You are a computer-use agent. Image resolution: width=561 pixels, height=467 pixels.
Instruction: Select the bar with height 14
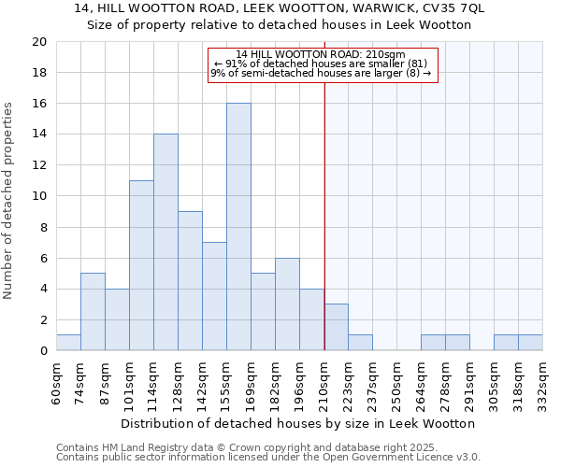pyautogui.click(x=165, y=242)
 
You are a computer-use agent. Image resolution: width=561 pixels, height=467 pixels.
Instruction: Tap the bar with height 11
pyautogui.click(x=141, y=265)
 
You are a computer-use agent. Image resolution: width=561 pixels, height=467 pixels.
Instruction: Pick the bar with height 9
pyautogui.click(x=190, y=281)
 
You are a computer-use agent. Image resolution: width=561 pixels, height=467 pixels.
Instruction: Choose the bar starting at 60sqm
pyautogui.click(x=68, y=343)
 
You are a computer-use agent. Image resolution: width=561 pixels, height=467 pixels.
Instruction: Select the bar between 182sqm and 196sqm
pyautogui.click(x=287, y=304)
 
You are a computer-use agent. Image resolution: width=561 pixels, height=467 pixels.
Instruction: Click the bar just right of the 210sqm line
pyautogui.click(x=337, y=327)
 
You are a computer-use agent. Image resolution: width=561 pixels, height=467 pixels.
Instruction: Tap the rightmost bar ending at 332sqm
pyautogui.click(x=530, y=343)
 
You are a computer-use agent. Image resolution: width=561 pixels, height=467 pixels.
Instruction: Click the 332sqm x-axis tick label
pyautogui.click(x=543, y=381)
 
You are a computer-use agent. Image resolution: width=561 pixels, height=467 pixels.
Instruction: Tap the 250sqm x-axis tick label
pyautogui.click(x=397, y=381)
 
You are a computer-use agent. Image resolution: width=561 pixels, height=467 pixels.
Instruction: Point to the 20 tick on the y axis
pyautogui.click(x=38, y=42)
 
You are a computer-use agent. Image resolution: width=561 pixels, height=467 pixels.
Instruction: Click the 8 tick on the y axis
pyautogui.click(x=42, y=227)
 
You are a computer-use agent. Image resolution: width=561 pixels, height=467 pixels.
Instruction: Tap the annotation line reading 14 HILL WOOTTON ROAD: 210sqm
pyautogui.click(x=321, y=54)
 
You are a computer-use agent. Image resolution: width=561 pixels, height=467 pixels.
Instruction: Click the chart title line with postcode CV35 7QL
pyautogui.click(x=279, y=8)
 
